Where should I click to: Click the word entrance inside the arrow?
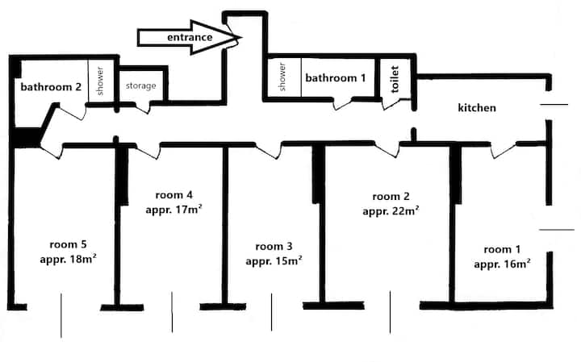pos(190,37)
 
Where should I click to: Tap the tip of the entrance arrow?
pos(241,37)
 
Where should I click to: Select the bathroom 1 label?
pos(336,77)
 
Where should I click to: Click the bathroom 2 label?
pos(51,87)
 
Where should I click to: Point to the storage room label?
pos(140,86)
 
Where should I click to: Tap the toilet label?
pos(395,79)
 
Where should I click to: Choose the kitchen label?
pos(477,108)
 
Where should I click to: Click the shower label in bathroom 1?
pos(282,77)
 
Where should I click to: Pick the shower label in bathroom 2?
pos(100,81)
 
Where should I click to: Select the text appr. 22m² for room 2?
pos(391,211)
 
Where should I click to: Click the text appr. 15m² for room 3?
pos(274,260)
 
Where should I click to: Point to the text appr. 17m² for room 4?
pos(173,210)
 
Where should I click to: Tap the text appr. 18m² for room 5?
pos(68,259)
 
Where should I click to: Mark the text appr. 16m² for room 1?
pos(502,264)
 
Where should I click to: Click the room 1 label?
pos(502,249)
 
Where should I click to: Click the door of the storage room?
pos(142,108)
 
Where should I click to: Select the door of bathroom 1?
pos(342,104)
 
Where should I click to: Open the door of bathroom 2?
pos(72,112)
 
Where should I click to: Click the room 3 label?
pos(274,247)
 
